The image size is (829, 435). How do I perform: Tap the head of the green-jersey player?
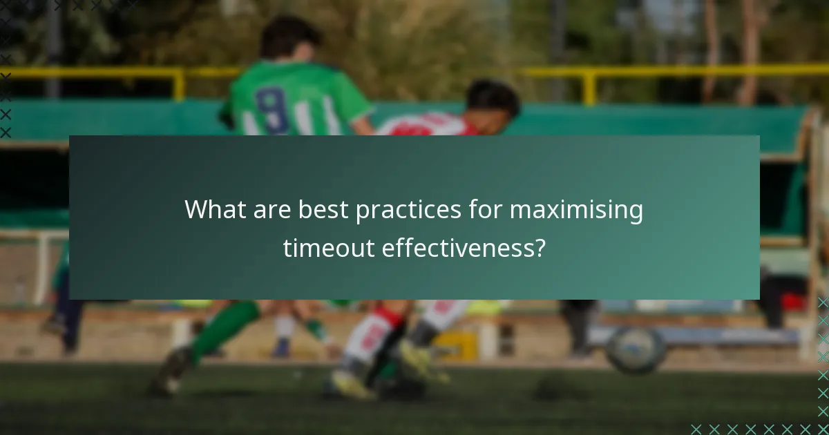[x=290, y=38]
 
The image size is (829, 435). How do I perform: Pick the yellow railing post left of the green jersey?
[x=179, y=83]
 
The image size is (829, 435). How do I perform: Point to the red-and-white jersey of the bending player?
[x=428, y=125]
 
